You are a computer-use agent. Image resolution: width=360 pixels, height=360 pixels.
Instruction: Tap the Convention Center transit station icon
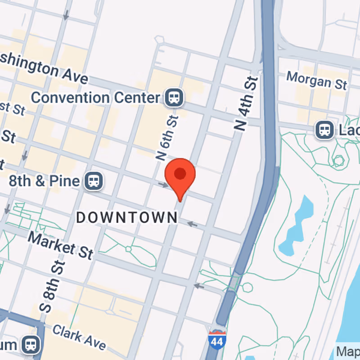tap(172, 98)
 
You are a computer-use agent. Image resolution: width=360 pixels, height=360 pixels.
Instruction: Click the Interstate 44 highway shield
tap(217, 339)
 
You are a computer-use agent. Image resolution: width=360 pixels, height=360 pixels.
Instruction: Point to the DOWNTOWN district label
tap(127, 218)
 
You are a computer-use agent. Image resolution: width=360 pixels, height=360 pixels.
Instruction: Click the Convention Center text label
tap(95, 97)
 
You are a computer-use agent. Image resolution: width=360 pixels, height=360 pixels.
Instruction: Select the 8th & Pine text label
tap(44, 181)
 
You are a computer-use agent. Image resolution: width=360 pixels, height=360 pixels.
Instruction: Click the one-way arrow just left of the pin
tap(163, 185)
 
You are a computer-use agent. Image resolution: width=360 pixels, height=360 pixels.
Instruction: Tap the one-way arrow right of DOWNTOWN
tap(192, 224)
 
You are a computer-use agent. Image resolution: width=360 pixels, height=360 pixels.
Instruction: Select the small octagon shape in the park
tap(338, 160)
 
